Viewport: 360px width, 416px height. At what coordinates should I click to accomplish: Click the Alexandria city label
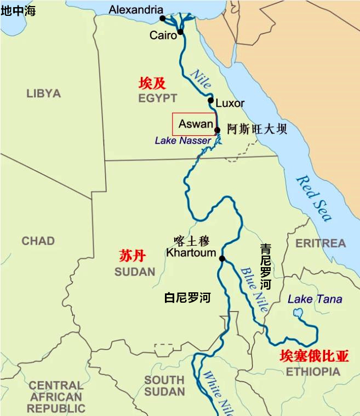[136, 9]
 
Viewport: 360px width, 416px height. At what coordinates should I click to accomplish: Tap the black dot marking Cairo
[180, 32]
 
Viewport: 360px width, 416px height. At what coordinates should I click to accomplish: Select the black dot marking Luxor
[210, 100]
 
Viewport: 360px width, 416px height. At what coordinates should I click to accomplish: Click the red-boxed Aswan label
[195, 124]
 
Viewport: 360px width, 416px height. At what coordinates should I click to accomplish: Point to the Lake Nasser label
[182, 141]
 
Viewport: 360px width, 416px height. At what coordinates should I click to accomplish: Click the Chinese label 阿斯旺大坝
[257, 129]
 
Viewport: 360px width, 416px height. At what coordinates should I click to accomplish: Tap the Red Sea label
[315, 198]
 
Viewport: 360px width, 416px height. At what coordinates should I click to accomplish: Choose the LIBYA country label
[43, 94]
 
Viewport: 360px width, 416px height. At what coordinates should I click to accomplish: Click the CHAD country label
[38, 241]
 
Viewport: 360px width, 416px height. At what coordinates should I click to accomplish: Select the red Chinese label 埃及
[152, 83]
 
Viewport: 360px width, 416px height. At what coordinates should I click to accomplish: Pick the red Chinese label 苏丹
[132, 256]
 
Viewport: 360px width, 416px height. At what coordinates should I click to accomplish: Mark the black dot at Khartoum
[222, 259]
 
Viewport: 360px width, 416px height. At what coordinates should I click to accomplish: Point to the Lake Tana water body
[299, 314]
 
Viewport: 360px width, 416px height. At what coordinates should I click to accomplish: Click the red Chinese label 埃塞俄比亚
[314, 356]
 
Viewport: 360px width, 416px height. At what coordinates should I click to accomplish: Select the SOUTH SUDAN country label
[164, 385]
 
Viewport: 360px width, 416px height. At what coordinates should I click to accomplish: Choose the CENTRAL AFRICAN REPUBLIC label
[56, 397]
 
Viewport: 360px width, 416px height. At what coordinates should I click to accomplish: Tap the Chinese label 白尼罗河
[187, 298]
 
